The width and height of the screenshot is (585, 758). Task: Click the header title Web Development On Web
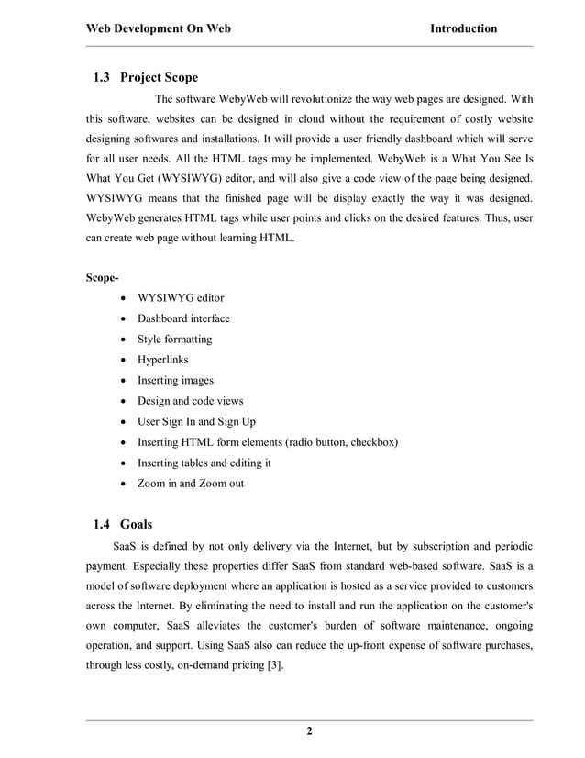(x=158, y=28)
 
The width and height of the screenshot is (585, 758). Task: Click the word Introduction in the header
(x=463, y=28)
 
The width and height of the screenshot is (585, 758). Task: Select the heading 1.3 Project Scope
(x=146, y=77)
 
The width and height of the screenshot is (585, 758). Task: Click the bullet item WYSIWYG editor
(x=180, y=298)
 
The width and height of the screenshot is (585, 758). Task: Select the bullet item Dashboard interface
(x=183, y=318)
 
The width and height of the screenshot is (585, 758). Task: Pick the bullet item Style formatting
(x=174, y=340)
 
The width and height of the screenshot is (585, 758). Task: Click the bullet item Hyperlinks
(x=162, y=360)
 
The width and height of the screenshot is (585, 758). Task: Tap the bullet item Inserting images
(x=175, y=380)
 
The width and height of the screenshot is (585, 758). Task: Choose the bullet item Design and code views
(x=191, y=401)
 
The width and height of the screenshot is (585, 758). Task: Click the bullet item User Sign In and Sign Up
(x=196, y=421)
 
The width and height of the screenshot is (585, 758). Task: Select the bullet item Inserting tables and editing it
(x=204, y=463)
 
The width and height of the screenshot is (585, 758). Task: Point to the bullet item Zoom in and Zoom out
(x=191, y=483)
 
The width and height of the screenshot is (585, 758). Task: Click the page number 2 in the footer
(x=309, y=731)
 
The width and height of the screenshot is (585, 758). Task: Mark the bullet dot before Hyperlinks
(x=123, y=361)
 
